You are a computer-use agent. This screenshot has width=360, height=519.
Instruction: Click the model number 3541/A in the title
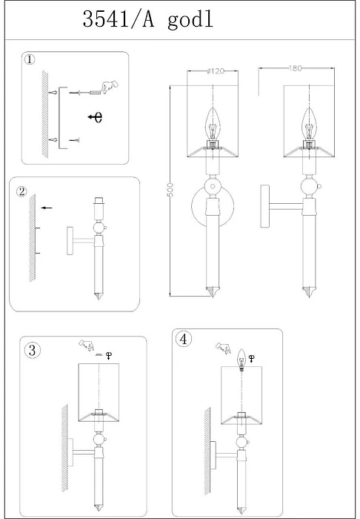pos(119,19)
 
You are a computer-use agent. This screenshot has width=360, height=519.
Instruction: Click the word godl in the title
pos(190,21)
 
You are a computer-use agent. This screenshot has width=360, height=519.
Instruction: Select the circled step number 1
pos(30,59)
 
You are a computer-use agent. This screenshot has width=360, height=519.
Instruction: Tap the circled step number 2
pos(21,191)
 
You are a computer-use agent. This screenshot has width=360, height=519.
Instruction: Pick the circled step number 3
pos(32,350)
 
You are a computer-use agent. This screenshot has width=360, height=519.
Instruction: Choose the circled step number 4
pos(184,340)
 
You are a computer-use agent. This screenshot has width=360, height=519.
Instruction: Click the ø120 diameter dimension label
pos(216,71)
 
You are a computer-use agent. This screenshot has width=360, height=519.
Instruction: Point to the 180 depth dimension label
pos(295,68)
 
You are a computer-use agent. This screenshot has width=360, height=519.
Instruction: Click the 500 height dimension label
pos(170,190)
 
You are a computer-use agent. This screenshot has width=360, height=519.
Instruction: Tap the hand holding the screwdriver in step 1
pos(110,87)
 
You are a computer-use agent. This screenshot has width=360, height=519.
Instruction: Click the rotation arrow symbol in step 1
pos(96,117)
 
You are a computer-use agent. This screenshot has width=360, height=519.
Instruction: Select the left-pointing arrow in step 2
pos(47,208)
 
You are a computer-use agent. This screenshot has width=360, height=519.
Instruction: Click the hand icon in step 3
pos(86,345)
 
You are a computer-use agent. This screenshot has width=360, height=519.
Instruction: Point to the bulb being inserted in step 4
pos(241,360)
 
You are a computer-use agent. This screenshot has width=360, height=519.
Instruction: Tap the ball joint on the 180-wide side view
pos(310,187)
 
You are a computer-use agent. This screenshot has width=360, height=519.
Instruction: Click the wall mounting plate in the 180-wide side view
pos(264,206)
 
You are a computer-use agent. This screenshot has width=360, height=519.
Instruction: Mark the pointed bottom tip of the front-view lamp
pos(213,297)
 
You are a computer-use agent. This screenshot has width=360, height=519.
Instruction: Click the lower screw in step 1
pos(75,140)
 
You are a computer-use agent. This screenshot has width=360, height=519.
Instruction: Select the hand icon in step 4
pos(224,348)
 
